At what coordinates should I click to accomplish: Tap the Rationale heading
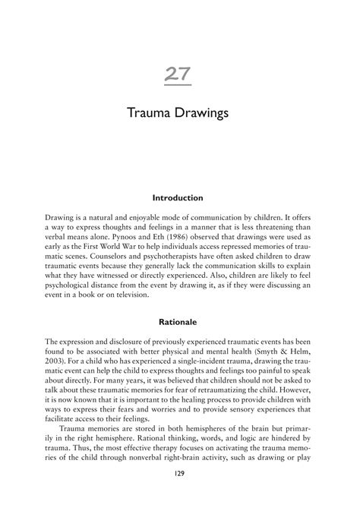coord(179,322)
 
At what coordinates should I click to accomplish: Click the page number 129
coord(179,495)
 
